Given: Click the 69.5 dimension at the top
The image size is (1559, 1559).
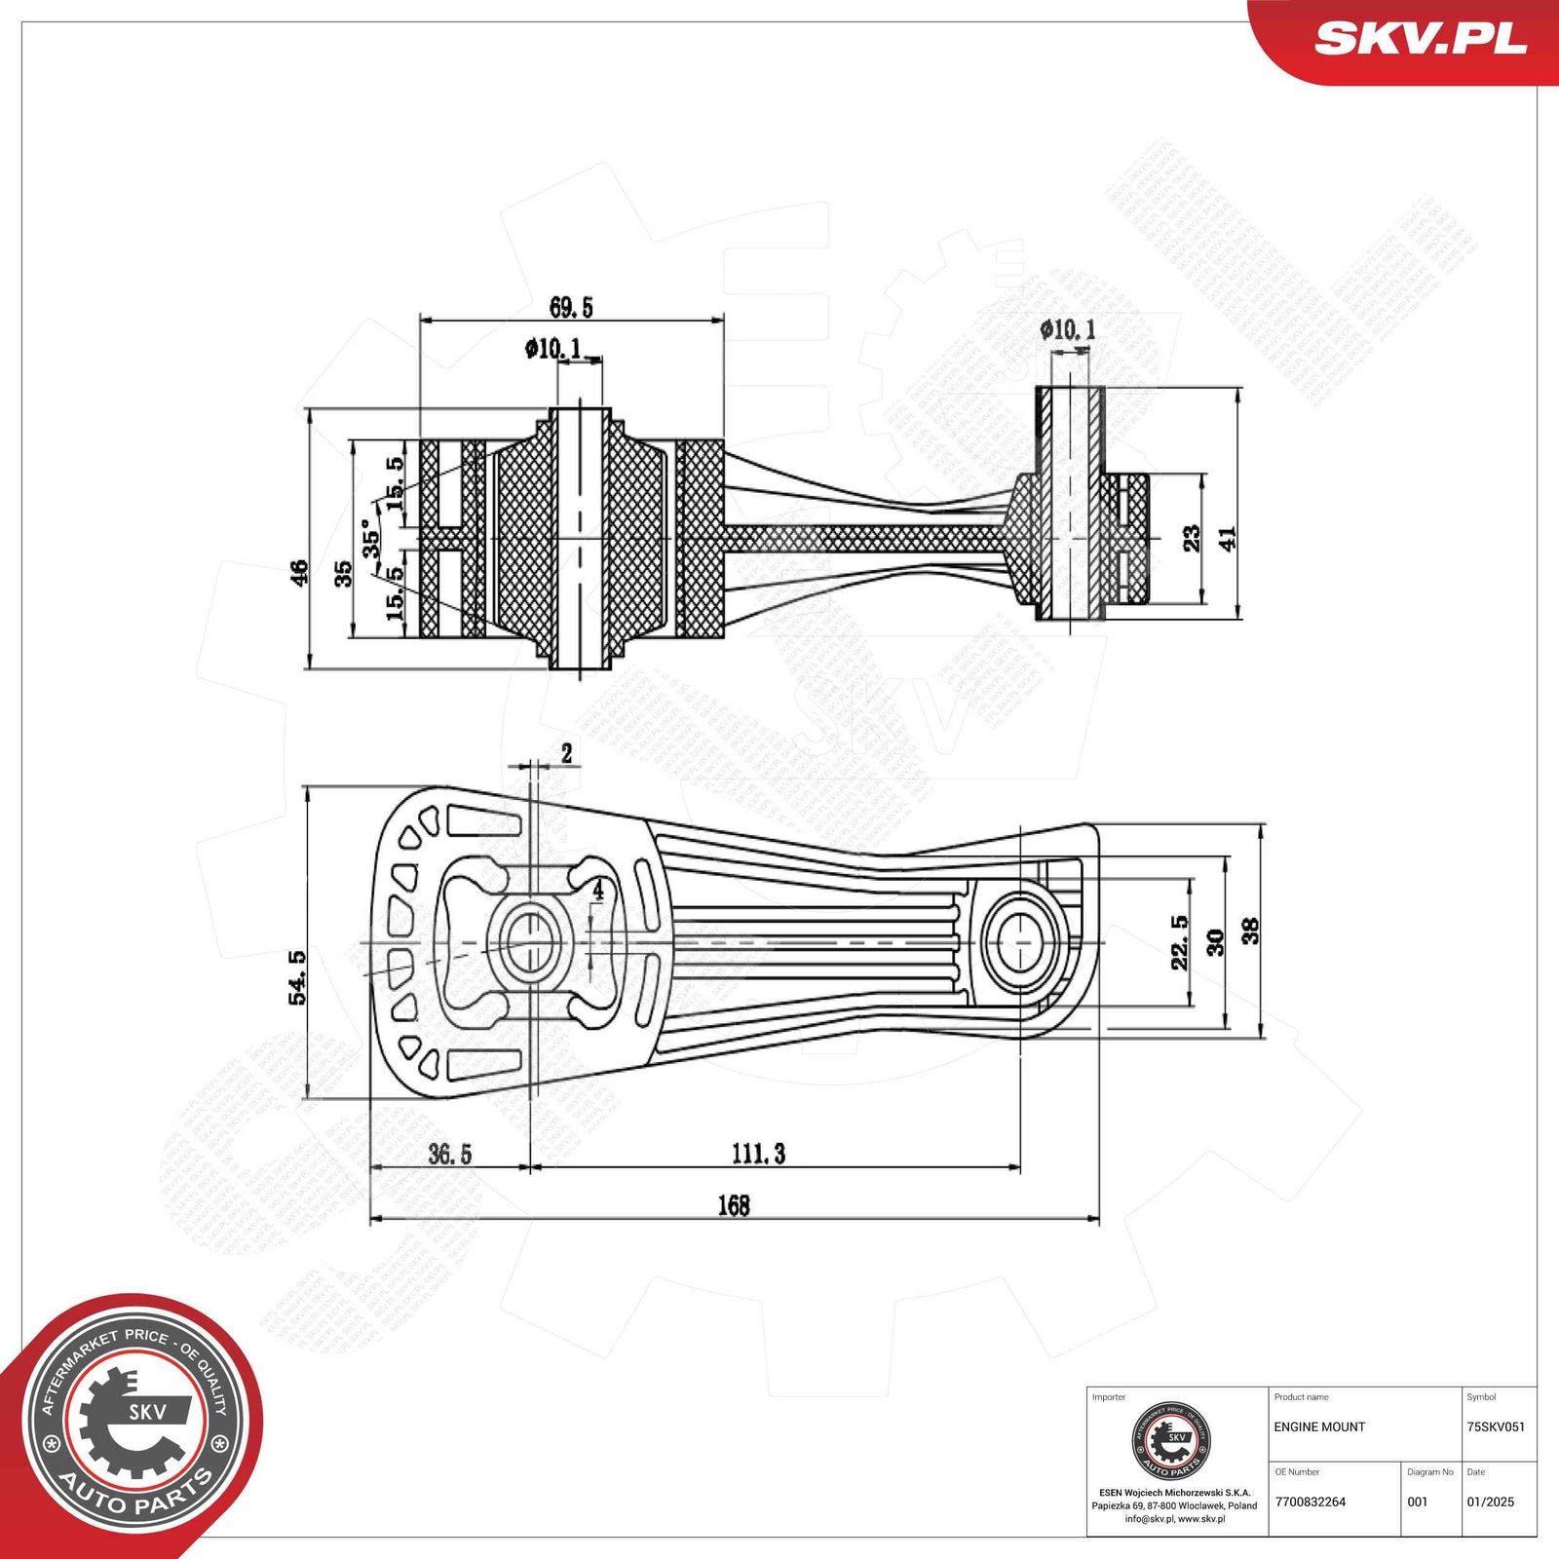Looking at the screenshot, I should [571, 308].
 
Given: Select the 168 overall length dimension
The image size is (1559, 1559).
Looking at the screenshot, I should [733, 1206].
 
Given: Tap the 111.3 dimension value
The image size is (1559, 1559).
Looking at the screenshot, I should [758, 1154].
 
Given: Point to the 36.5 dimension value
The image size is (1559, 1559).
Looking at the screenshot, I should [449, 1155].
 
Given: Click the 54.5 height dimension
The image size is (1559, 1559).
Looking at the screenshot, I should [298, 977].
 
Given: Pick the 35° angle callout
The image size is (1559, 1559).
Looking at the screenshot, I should [371, 538].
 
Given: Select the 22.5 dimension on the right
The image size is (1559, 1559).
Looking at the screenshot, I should [1180, 941].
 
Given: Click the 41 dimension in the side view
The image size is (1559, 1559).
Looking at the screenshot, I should [1227, 539].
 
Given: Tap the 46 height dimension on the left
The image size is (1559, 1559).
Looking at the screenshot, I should [298, 572].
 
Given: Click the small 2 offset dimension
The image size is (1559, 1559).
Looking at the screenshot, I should [566, 752].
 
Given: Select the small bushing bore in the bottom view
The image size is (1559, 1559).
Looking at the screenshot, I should [1021, 942].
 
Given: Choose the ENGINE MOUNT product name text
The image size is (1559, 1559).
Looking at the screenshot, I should [1319, 1426].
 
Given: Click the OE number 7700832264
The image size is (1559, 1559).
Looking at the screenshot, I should [1310, 1502].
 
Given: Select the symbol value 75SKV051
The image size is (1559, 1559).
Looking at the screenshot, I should [1495, 1426].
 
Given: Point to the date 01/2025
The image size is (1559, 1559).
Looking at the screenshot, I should [1490, 1502].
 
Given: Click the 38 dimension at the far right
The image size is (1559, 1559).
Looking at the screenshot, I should [1250, 931].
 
